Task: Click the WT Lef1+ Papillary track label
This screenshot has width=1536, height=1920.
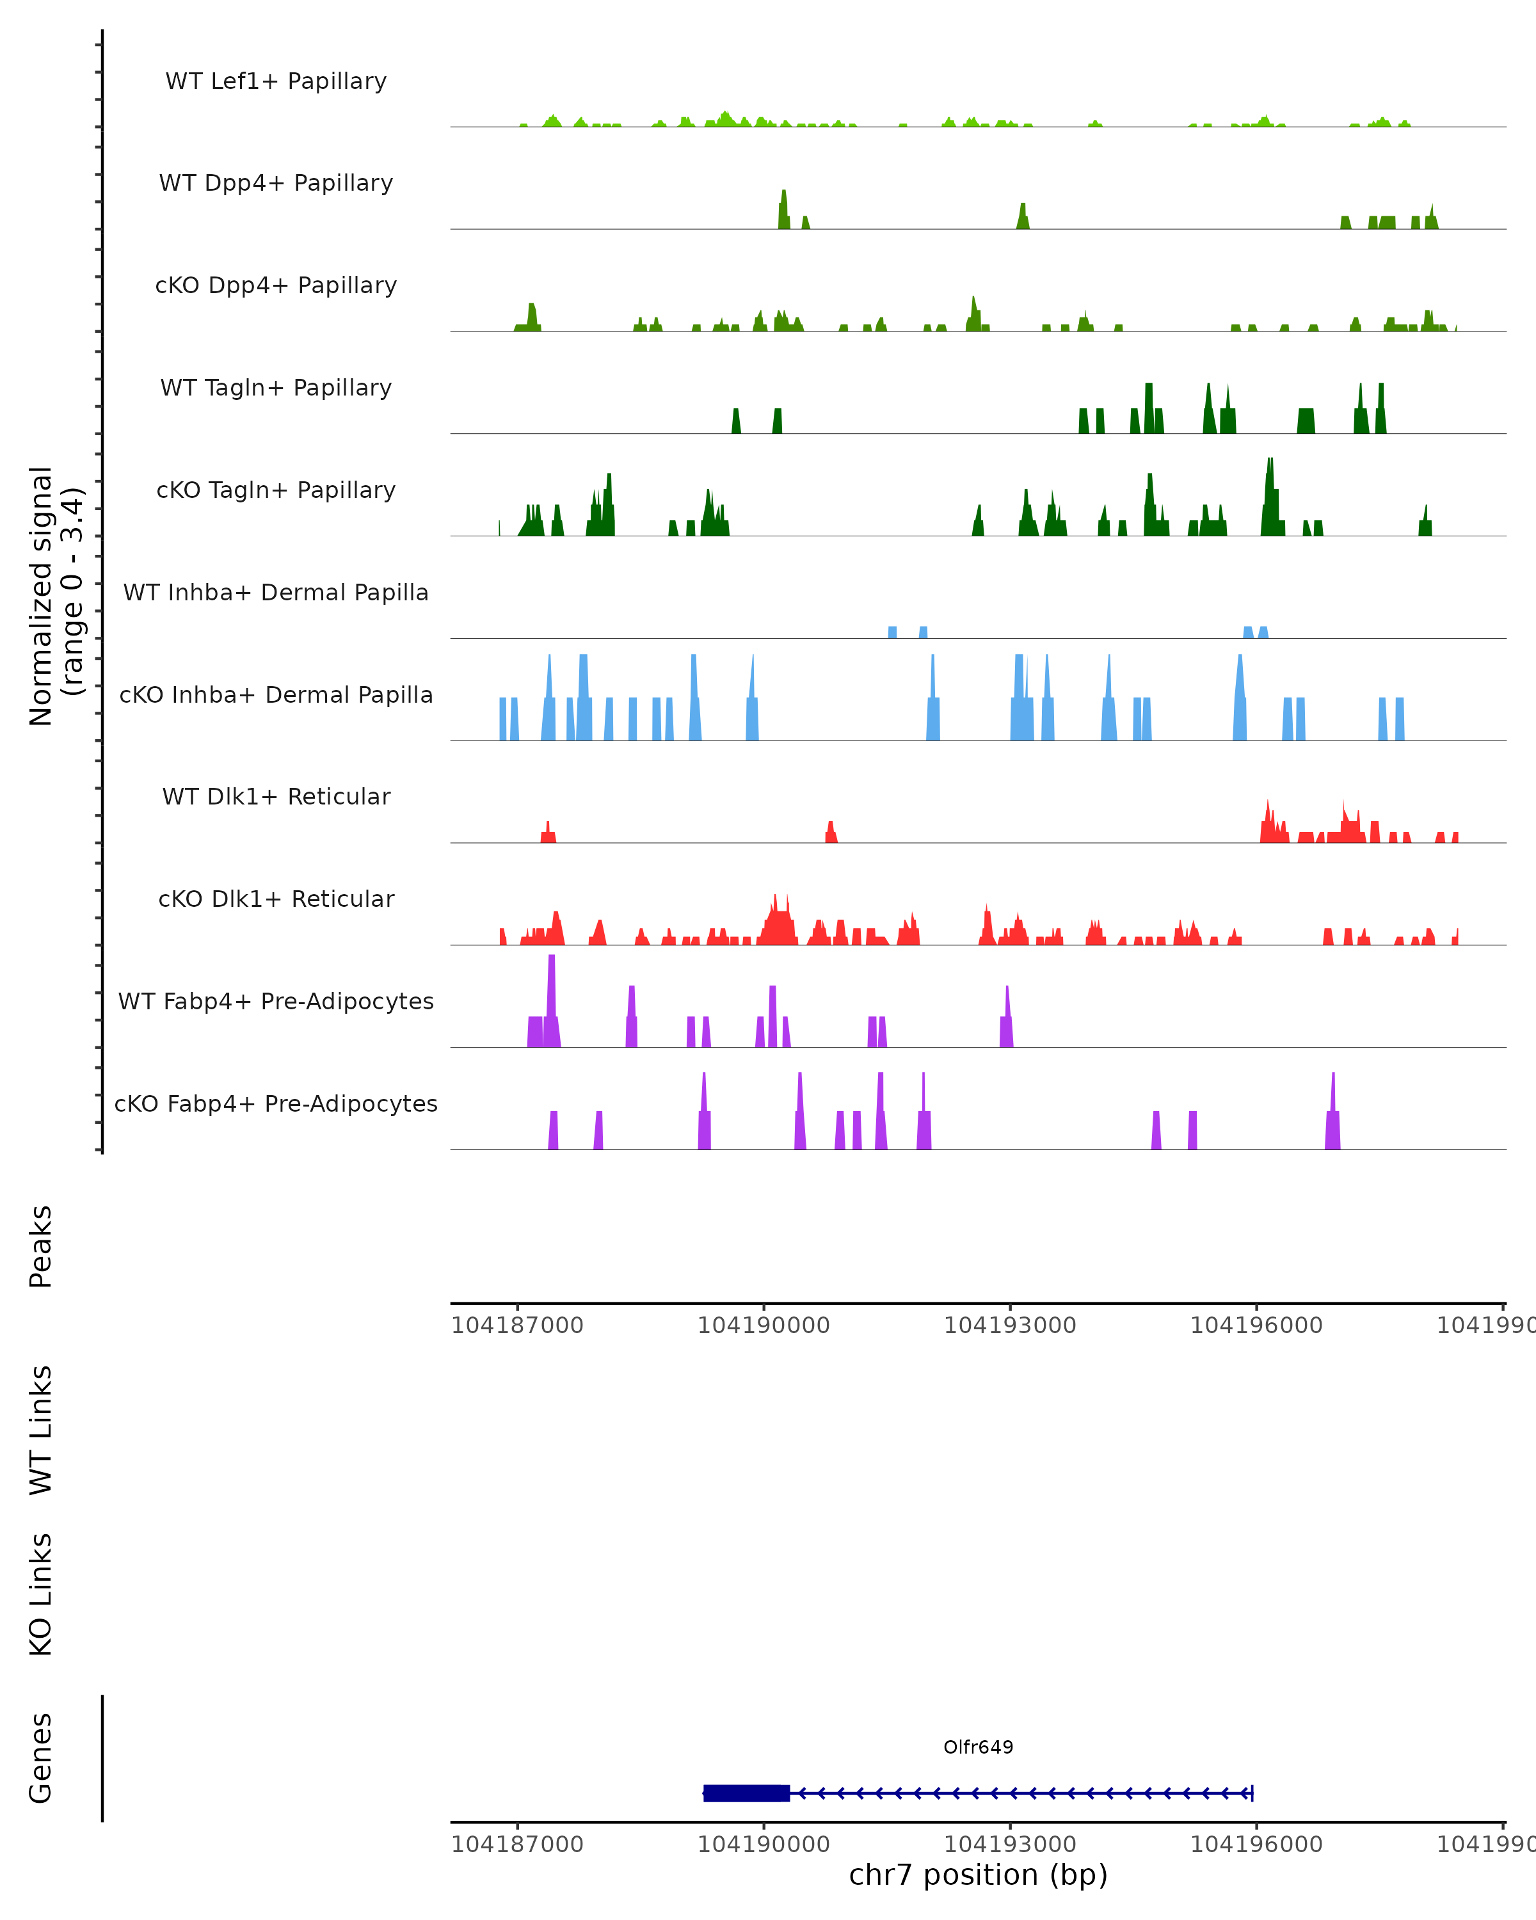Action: tap(276, 81)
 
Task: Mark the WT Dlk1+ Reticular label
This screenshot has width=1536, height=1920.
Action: tap(276, 796)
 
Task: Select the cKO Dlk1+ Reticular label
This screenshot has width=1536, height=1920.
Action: tap(276, 899)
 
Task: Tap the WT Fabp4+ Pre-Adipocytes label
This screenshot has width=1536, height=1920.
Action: tap(276, 1001)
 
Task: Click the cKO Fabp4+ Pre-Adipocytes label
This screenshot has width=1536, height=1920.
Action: tap(276, 1103)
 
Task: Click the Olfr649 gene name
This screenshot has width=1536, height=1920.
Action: tap(978, 1747)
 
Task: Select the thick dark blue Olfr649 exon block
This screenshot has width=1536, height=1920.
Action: tap(746, 1793)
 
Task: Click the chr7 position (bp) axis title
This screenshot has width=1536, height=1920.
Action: tap(978, 1875)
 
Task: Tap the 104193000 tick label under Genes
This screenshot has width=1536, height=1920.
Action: tap(1010, 1843)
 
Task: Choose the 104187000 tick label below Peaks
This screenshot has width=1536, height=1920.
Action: tap(517, 1325)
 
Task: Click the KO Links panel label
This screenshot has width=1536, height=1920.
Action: tap(41, 1594)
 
